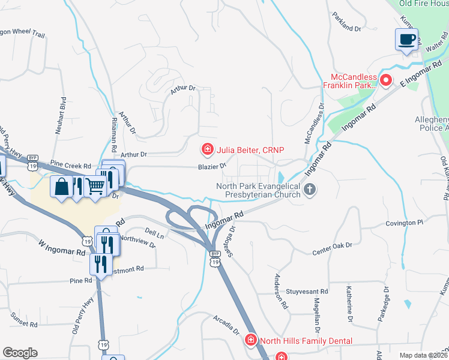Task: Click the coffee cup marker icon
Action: (x=407, y=40)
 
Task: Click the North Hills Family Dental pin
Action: (x=251, y=340)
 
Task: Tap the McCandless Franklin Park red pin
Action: (x=387, y=79)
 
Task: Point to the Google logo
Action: (x=20, y=352)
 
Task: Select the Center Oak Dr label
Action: (x=333, y=249)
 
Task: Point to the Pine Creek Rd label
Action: (x=70, y=163)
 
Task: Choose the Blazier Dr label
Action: (x=212, y=166)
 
